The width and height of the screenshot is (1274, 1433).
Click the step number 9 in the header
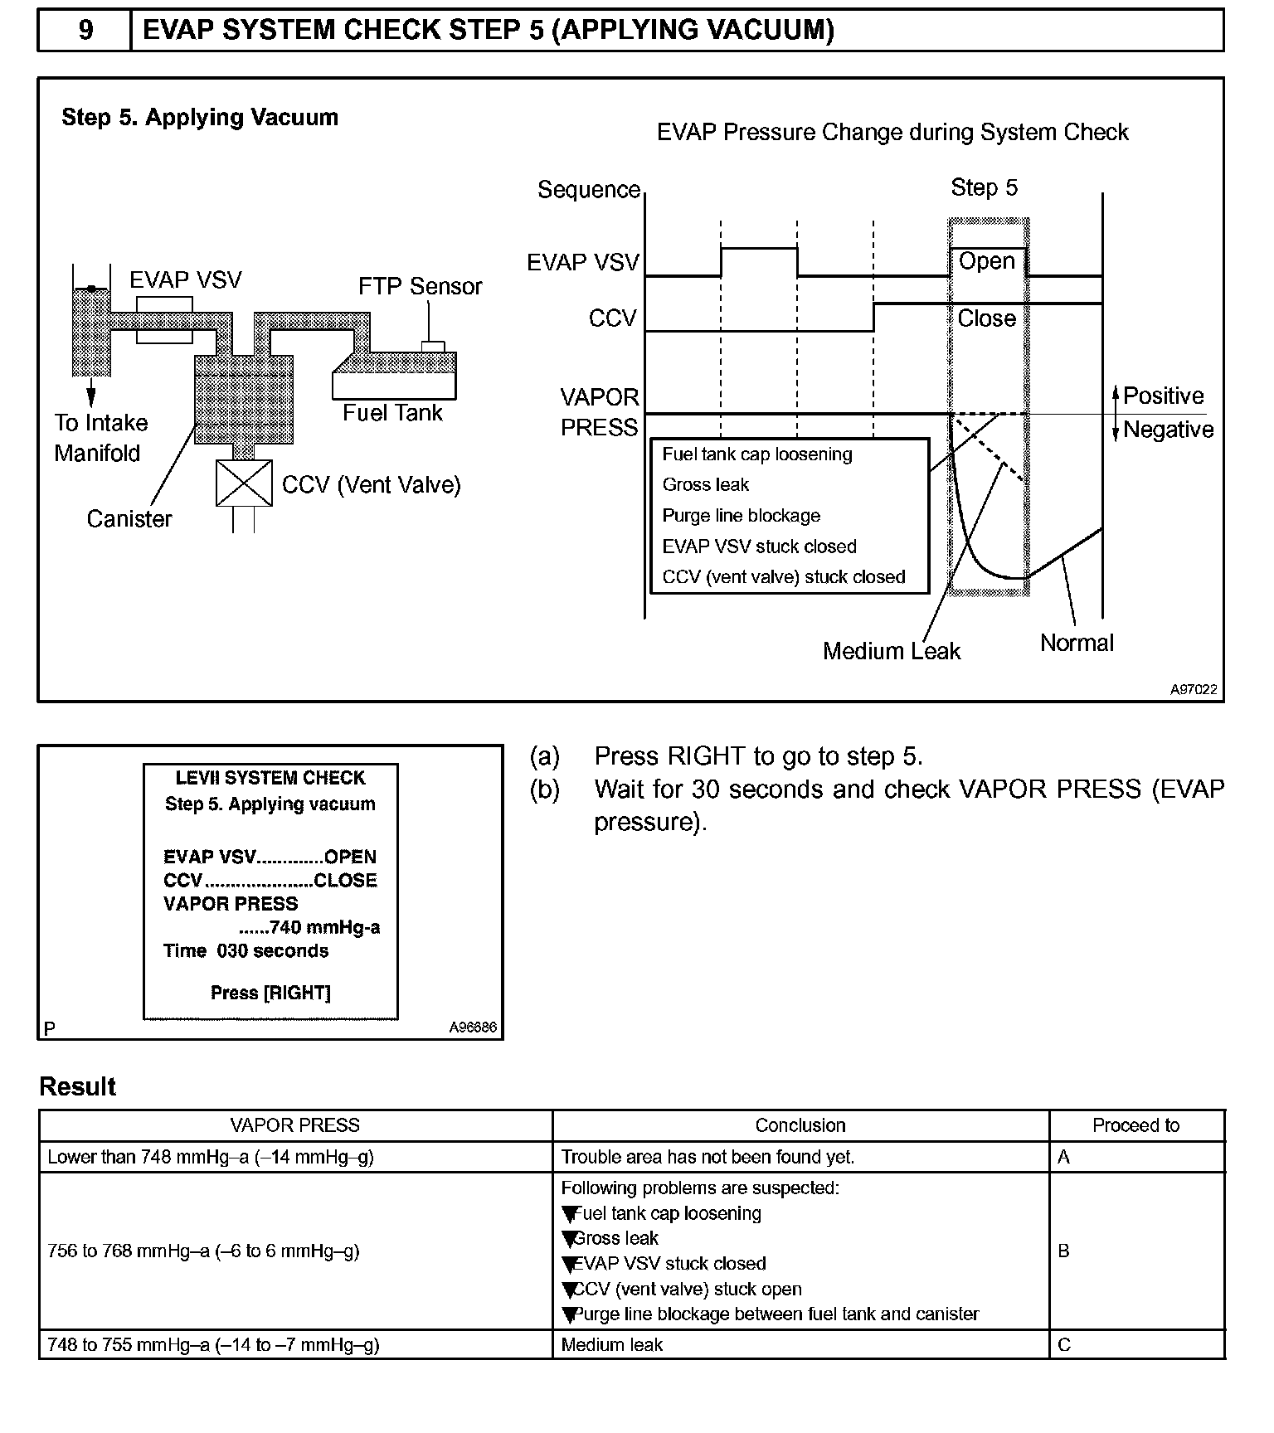(85, 31)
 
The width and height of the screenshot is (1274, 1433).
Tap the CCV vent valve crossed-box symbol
(244, 483)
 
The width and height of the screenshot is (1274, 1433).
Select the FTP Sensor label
(420, 286)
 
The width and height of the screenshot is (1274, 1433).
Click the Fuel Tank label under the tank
(392, 413)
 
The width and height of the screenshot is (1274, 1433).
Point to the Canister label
(129, 519)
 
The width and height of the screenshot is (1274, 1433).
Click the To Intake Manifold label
(100, 438)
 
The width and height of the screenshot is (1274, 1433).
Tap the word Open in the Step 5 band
(986, 261)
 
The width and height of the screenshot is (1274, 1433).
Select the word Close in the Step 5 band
(986, 318)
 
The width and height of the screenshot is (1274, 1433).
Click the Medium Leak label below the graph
(891, 651)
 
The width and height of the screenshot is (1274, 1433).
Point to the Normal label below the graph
(1077, 643)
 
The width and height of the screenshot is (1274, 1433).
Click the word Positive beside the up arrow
(1163, 396)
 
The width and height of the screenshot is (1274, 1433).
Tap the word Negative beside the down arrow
(1168, 430)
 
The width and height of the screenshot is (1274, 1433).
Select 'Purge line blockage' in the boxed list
(741, 516)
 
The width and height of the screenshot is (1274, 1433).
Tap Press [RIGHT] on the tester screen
(270, 993)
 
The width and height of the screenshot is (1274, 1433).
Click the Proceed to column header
(1135, 1125)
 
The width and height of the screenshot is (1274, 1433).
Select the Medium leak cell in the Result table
(612, 1345)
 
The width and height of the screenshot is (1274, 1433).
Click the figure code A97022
(1194, 689)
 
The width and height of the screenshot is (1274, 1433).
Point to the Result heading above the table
(78, 1086)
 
